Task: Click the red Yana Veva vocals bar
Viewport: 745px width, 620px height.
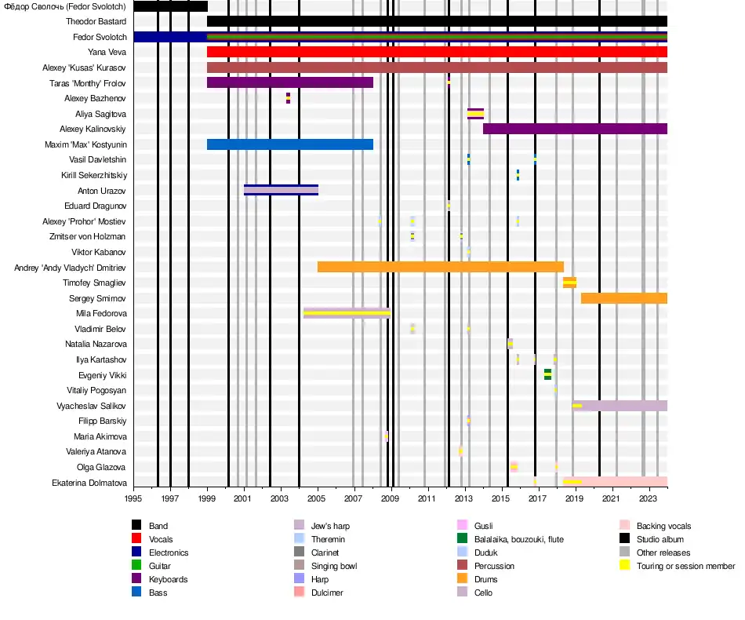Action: click(x=437, y=52)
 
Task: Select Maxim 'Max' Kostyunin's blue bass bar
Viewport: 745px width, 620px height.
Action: click(x=289, y=144)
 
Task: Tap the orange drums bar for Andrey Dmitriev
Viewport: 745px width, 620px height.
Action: click(x=440, y=267)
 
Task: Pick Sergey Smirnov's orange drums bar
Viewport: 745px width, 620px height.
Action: click(x=623, y=298)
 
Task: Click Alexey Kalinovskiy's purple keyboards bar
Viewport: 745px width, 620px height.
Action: click(x=575, y=129)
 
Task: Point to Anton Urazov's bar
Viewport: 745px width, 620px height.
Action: click(x=281, y=190)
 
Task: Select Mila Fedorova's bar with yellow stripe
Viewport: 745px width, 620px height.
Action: click(x=347, y=313)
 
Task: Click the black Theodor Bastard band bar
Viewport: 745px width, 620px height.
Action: click(x=437, y=21)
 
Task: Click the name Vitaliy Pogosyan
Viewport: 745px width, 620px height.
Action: click(x=96, y=390)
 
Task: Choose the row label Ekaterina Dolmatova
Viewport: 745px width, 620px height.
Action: click(x=89, y=483)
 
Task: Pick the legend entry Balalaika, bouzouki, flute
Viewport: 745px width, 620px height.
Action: click(x=518, y=539)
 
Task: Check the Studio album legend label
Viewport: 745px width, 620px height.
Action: click(x=660, y=539)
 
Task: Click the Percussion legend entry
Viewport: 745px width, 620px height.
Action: click(x=494, y=566)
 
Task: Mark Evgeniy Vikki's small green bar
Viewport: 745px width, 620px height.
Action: click(x=547, y=374)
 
